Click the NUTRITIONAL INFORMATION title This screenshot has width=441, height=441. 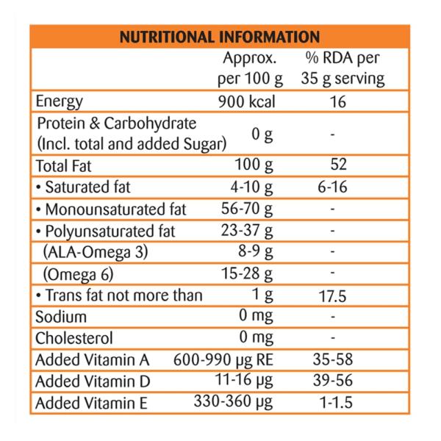(220, 36)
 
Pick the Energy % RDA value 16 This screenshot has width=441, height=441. (337, 101)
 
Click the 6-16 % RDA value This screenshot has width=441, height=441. (337, 187)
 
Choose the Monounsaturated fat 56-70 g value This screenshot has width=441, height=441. (248, 209)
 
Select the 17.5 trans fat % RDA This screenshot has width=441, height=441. (337, 295)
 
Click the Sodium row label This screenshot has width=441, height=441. (61, 317)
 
